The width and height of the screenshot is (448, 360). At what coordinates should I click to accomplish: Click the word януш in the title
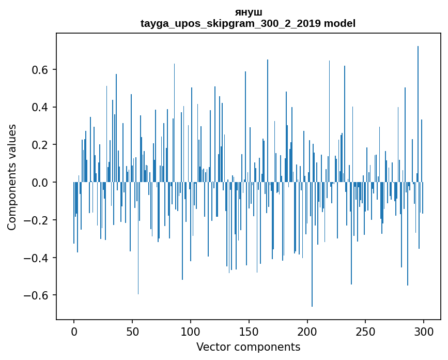pos(248,12)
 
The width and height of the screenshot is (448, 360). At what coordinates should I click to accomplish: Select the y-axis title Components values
pos(12,177)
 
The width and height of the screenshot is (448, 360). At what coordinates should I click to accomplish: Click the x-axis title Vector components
pos(248,347)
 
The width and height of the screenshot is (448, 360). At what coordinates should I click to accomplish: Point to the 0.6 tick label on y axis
pos(41,70)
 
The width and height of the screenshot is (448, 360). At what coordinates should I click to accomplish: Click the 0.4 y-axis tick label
pos(41,108)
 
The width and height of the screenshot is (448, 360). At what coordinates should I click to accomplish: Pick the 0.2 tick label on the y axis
pos(41,145)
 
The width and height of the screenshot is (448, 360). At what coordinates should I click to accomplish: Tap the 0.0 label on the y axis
pos(41,183)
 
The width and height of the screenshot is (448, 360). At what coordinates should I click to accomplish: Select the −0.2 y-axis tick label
pos(38,220)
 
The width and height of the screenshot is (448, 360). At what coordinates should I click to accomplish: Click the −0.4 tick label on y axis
pos(38,258)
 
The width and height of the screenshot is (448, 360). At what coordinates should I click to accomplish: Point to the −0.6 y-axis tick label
pos(38,295)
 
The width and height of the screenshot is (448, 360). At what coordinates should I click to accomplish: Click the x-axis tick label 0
pos(74,332)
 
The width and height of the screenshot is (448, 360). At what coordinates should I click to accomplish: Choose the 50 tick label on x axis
pos(132,332)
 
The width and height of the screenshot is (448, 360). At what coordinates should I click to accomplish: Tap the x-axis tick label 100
pos(191,332)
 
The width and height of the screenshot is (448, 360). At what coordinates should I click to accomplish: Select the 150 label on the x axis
pos(249,332)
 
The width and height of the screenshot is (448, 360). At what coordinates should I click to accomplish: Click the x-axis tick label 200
pos(307,332)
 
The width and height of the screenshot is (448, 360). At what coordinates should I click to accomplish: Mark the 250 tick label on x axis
pos(365,332)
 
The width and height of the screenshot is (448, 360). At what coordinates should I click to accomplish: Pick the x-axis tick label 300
pos(424,332)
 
